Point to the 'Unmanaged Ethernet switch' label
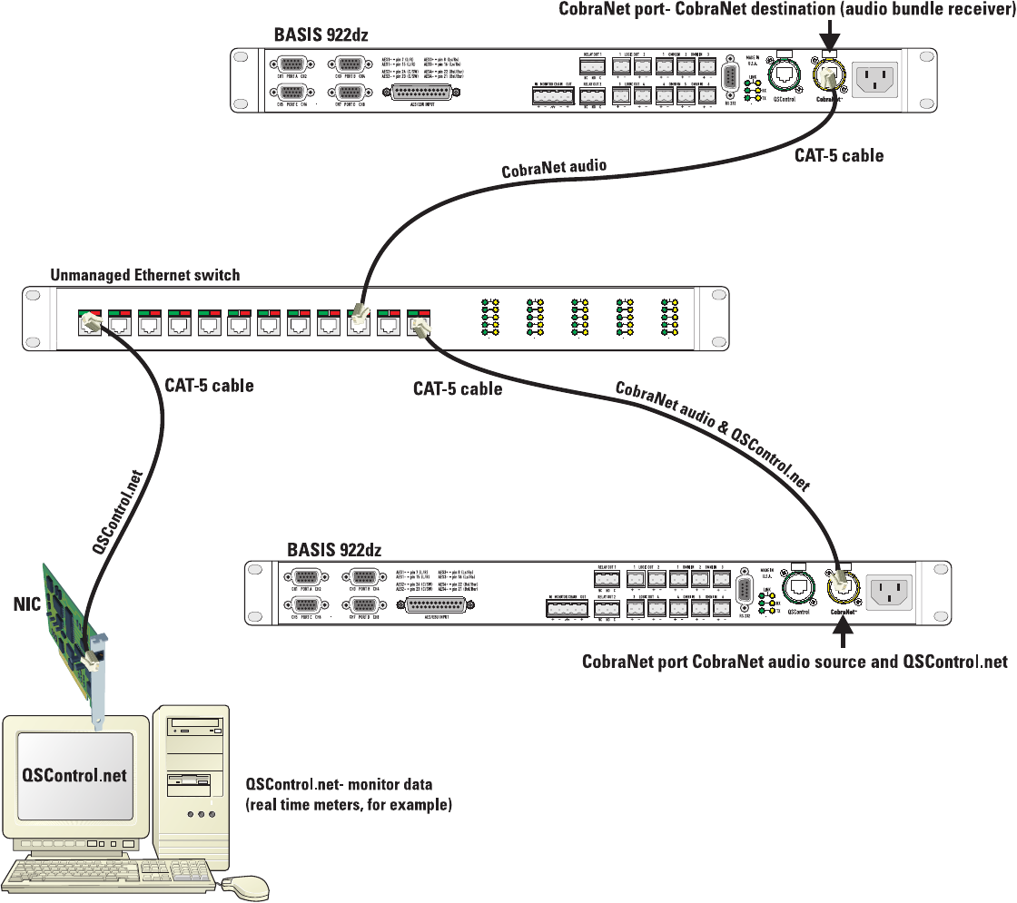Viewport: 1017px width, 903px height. [x=145, y=275]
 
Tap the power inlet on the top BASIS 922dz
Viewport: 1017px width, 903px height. [x=873, y=79]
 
